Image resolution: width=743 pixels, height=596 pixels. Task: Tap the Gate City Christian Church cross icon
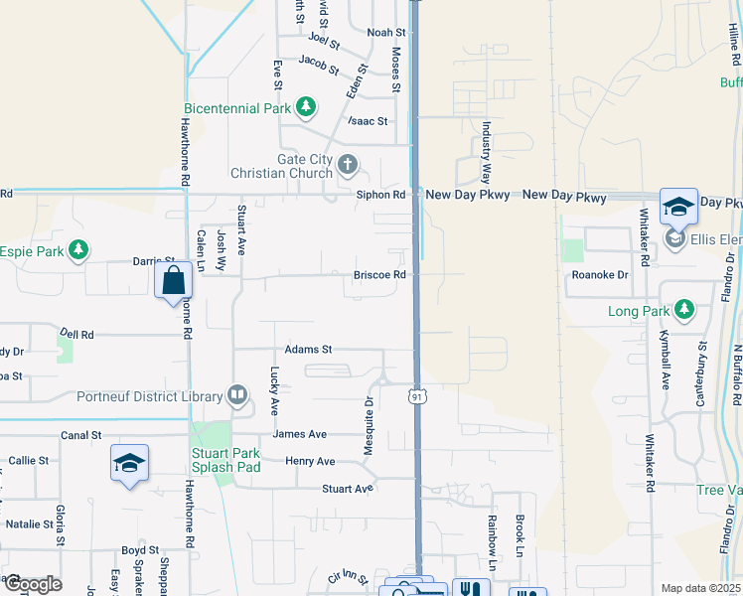(x=347, y=164)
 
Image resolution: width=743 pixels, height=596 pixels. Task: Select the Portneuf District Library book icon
(x=237, y=396)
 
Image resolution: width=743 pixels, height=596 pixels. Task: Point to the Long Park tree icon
(x=683, y=311)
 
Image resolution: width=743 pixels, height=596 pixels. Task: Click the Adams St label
(x=308, y=350)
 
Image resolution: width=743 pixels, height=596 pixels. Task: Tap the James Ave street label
(x=300, y=434)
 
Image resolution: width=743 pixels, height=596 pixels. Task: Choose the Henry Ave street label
(x=310, y=462)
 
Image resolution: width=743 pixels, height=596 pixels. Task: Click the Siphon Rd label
(x=381, y=195)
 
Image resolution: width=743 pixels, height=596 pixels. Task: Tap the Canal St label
(x=81, y=435)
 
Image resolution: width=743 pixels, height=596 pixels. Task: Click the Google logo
(x=32, y=584)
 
